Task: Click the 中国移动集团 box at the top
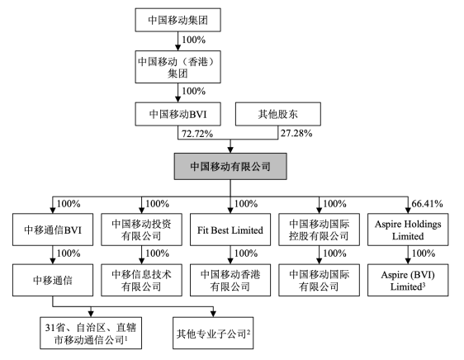[178, 20]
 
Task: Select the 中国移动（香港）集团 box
[178, 67]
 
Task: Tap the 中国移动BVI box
[178, 114]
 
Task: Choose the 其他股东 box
[278, 114]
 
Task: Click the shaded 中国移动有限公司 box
[230, 167]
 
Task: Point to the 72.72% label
[197, 134]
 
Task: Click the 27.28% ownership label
[296, 133]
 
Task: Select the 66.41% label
[427, 204]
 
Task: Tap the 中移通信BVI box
[53, 230]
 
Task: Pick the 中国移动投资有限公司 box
[141, 230]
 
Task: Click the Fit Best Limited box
[230, 230]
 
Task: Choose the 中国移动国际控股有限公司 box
[319, 230]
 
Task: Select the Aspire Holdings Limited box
[408, 230]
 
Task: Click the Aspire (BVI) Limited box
[408, 280]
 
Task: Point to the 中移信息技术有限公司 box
[141, 280]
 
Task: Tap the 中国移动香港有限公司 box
[230, 280]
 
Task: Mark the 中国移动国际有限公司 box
[319, 280]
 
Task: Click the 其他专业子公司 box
[213, 333]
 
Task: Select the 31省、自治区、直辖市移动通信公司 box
[91, 333]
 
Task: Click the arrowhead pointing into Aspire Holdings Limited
[408, 211]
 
